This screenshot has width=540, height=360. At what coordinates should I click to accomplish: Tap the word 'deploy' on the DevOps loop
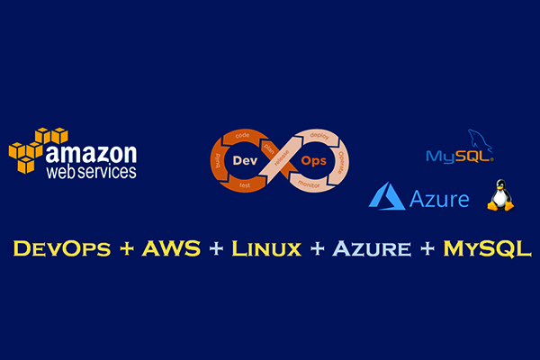(318, 134)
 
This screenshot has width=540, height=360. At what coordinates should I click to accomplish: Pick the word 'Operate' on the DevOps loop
(341, 160)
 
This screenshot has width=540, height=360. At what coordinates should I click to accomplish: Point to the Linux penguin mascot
(499, 193)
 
